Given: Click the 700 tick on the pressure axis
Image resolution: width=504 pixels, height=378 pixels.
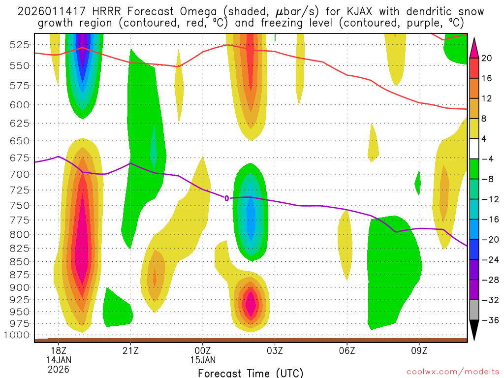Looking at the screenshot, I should pos(18,174).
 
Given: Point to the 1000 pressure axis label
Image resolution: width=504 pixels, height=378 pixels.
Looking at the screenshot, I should pos(18,335).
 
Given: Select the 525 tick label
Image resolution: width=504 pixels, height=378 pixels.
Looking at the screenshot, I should pos(18,45).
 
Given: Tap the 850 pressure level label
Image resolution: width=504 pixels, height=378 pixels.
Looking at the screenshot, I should pos(18,261).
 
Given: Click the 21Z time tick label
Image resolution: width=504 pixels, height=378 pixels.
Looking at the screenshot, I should pos(130,350).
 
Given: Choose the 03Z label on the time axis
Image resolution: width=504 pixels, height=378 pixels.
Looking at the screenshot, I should pos(275,350).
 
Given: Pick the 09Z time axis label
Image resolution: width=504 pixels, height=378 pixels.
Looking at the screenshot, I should pos(419,350).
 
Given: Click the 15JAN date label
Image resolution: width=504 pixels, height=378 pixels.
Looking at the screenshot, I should pos(203,359).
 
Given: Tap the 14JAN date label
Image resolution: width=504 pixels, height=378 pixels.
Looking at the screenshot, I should pos(58,359).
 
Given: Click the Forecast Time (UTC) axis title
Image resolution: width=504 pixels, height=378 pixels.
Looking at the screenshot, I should pos(251,373).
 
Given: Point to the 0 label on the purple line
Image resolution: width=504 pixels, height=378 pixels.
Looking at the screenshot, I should pos(227,198).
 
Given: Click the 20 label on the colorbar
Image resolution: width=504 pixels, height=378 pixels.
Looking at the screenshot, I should pos(487,58).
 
